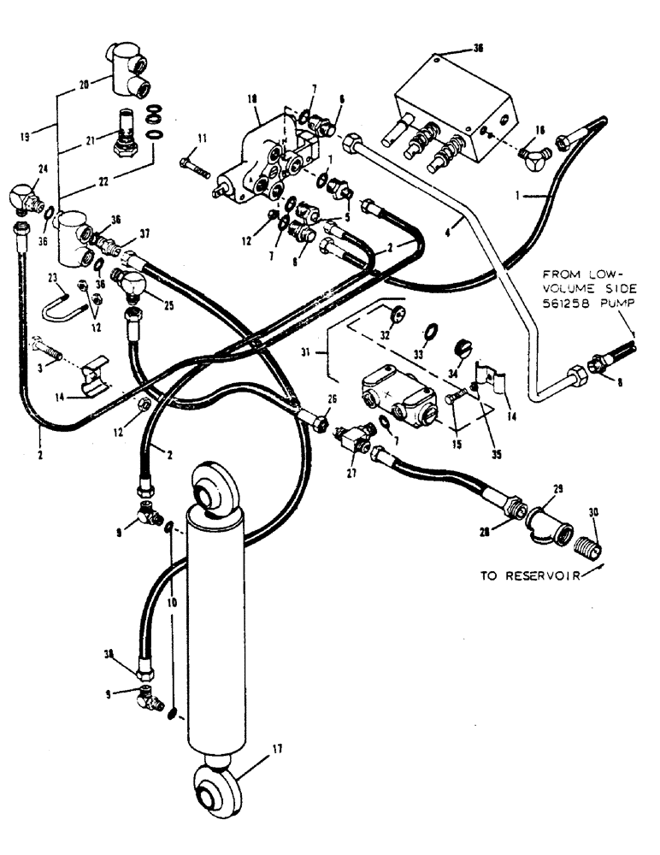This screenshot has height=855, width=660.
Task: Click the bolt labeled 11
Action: tap(197, 165)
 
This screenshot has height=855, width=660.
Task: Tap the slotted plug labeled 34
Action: tap(461, 348)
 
